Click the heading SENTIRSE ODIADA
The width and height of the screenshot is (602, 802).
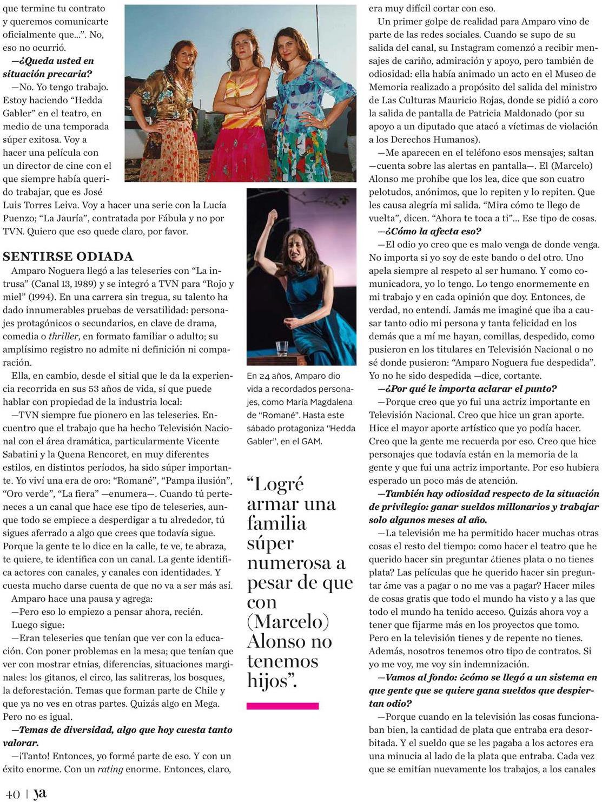[68, 257]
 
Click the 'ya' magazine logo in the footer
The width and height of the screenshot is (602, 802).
[39, 793]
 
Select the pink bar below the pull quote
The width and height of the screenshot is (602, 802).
[282, 706]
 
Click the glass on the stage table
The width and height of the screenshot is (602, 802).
[281, 347]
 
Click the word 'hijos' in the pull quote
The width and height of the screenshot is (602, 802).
[268, 680]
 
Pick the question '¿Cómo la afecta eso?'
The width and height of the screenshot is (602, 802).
[430, 231]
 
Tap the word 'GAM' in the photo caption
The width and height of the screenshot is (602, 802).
[312, 441]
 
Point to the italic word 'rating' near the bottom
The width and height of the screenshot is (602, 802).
[111, 769]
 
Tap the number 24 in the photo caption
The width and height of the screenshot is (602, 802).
[267, 376]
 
